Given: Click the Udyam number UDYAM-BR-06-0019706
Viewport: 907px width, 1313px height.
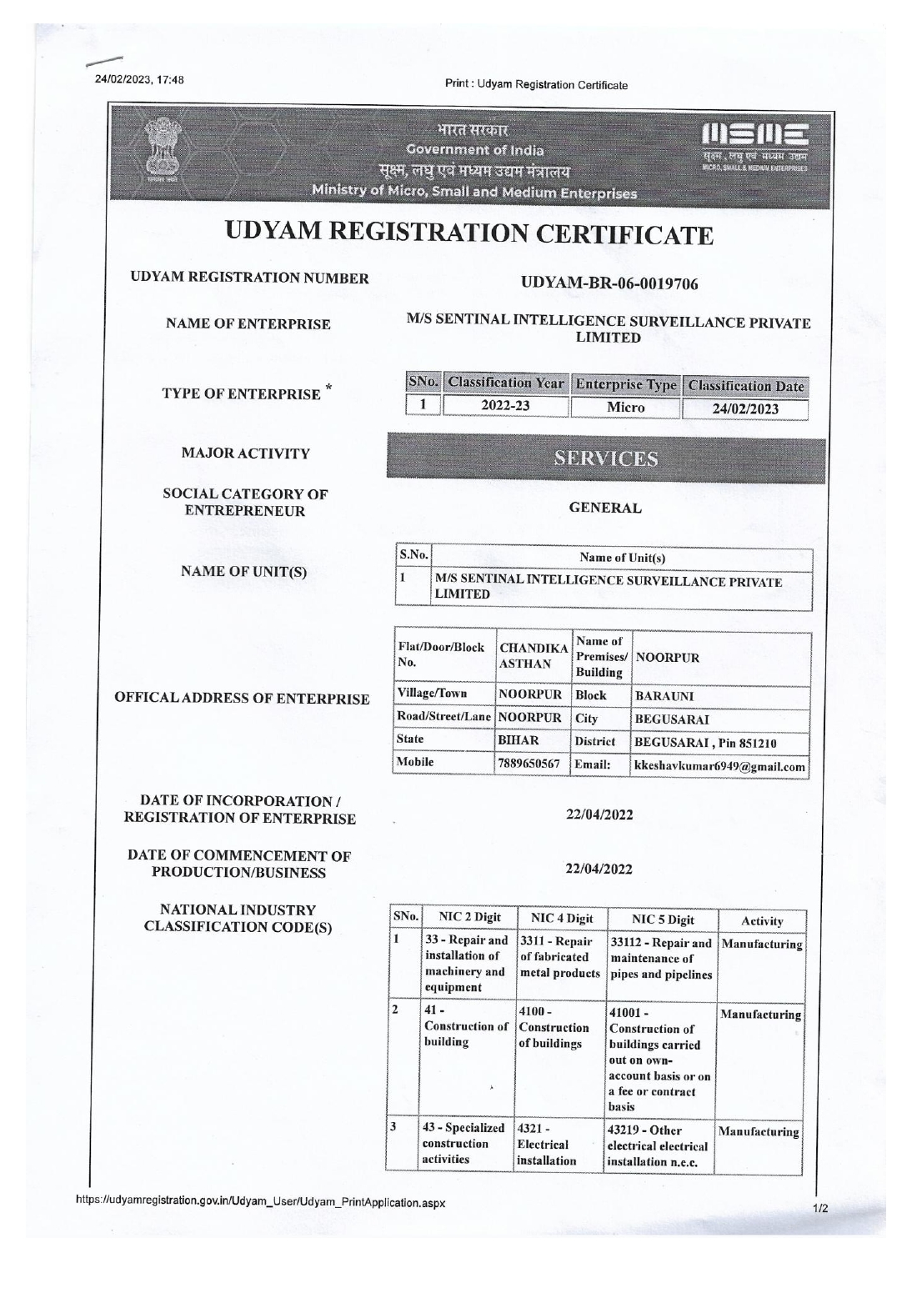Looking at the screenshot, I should [609, 283].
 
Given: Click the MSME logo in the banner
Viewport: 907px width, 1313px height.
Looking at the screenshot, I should [755, 143].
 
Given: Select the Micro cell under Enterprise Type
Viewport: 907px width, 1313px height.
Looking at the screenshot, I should [625, 407].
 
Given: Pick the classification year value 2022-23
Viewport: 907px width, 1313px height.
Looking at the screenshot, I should [505, 407].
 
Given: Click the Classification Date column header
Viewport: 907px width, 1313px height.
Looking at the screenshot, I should [746, 385].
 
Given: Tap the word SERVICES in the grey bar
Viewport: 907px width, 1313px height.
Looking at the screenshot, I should [606, 459].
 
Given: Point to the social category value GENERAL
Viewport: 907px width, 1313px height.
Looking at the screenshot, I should [605, 508].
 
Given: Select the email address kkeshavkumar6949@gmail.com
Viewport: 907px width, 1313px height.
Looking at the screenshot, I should [720, 767].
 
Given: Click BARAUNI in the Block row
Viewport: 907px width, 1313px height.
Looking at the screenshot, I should [664, 696].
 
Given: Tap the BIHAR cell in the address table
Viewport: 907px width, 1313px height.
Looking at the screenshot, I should [519, 740].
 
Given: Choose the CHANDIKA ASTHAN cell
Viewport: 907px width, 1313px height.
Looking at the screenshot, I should [533, 656].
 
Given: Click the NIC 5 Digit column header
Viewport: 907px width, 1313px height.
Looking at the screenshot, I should [663, 920].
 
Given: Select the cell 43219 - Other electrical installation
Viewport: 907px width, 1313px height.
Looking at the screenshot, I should [659, 1146].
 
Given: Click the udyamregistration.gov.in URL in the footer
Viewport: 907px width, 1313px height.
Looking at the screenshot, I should [261, 1203].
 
